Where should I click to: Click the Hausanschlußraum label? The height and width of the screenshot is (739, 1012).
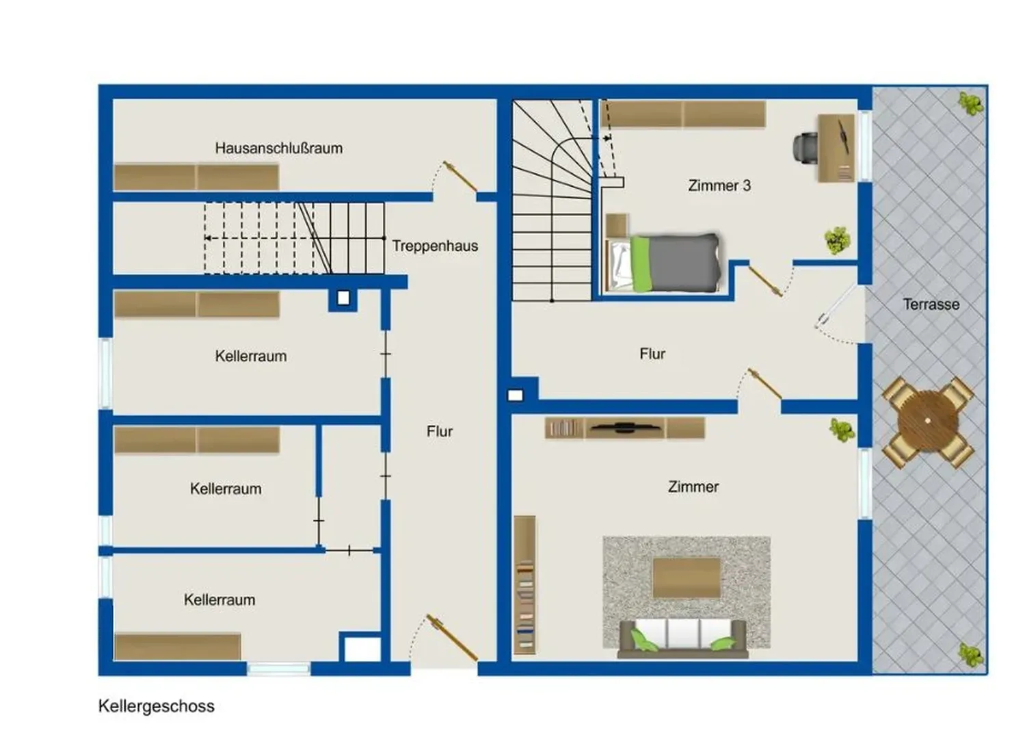tap(279, 148)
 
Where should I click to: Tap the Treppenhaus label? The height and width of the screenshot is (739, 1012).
tap(435, 246)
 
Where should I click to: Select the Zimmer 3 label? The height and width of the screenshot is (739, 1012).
tap(719, 185)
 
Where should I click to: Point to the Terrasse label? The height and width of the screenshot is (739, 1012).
tap(931, 304)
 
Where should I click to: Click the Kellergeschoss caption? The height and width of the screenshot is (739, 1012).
tap(157, 705)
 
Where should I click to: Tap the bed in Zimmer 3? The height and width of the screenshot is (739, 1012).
tap(663, 263)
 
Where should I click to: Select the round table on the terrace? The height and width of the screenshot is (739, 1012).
tap(928, 421)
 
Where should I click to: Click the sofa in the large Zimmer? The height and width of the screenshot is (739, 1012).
tap(683, 638)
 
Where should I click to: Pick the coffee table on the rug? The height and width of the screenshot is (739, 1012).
tap(687, 578)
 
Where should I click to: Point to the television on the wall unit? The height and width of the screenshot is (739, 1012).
tap(625, 427)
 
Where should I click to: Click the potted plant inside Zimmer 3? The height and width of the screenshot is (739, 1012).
tap(837, 240)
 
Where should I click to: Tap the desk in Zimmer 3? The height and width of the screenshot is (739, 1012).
tap(836, 148)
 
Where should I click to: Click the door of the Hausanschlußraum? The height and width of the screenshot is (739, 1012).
tap(460, 176)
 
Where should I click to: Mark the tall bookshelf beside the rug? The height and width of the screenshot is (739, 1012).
tap(525, 585)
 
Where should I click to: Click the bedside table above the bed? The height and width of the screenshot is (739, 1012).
tap(617, 225)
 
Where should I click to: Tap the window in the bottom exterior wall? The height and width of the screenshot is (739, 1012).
tap(279, 669)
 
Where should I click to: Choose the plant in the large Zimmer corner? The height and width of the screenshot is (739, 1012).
tap(842, 430)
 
